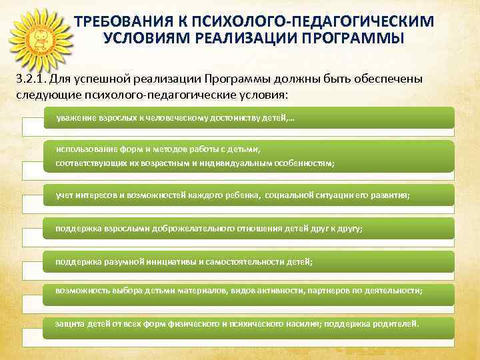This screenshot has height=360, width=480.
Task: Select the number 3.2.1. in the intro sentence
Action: (33, 79)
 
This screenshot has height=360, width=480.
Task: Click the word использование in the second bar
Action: (83, 149)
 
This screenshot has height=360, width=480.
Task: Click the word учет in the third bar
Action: (65, 195)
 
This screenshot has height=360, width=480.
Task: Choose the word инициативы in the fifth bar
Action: (175, 262)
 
